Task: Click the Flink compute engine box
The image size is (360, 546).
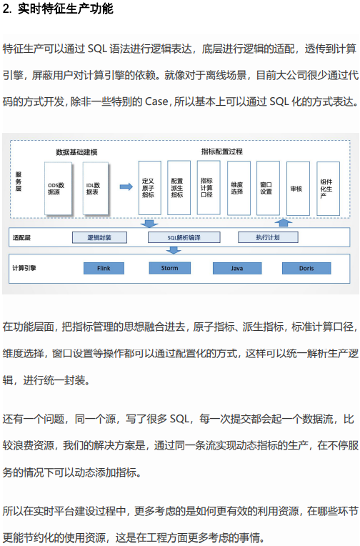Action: [104, 268]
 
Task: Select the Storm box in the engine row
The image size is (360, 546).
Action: [169, 268]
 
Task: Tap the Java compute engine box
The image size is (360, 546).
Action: [237, 268]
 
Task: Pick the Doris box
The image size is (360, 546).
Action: [306, 268]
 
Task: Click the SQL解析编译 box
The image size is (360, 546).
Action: [184, 237]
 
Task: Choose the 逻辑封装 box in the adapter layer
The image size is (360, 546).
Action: [99, 237]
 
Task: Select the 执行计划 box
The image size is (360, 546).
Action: [268, 237]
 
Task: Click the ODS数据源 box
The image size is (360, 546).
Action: [58, 188]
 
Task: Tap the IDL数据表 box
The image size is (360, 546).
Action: [96, 188]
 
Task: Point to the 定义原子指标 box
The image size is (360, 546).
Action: [150, 188]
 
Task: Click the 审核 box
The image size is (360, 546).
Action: [298, 189]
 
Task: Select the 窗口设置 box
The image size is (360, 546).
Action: [268, 188]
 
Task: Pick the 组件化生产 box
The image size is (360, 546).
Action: [328, 189]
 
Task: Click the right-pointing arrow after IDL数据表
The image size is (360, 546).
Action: [126, 187]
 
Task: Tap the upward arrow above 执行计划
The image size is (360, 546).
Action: [284, 222]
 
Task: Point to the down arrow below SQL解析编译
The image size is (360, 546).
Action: [174, 250]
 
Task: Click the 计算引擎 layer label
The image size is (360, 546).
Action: [24, 268]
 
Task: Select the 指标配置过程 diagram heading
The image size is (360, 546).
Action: [221, 152]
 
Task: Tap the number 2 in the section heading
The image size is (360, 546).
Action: [6, 9]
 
